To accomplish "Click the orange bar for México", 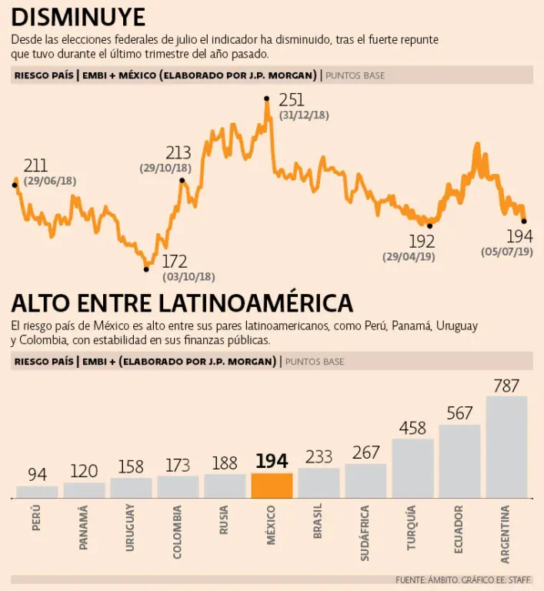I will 272,486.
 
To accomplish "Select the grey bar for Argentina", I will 506,446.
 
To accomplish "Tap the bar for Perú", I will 37,491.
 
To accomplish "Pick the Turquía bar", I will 412,468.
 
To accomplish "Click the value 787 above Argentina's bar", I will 506,386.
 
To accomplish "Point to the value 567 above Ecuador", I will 459,414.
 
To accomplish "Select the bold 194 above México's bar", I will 272,462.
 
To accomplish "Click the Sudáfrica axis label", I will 365,532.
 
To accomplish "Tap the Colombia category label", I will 178,531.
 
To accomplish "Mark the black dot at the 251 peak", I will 266,98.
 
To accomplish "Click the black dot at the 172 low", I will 146,269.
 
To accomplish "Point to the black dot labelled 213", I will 182,181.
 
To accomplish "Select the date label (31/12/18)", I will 304,115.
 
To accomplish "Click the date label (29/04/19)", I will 409,256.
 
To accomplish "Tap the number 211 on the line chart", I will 35,165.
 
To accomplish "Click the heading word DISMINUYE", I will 78,16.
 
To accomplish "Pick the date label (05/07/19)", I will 507,252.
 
